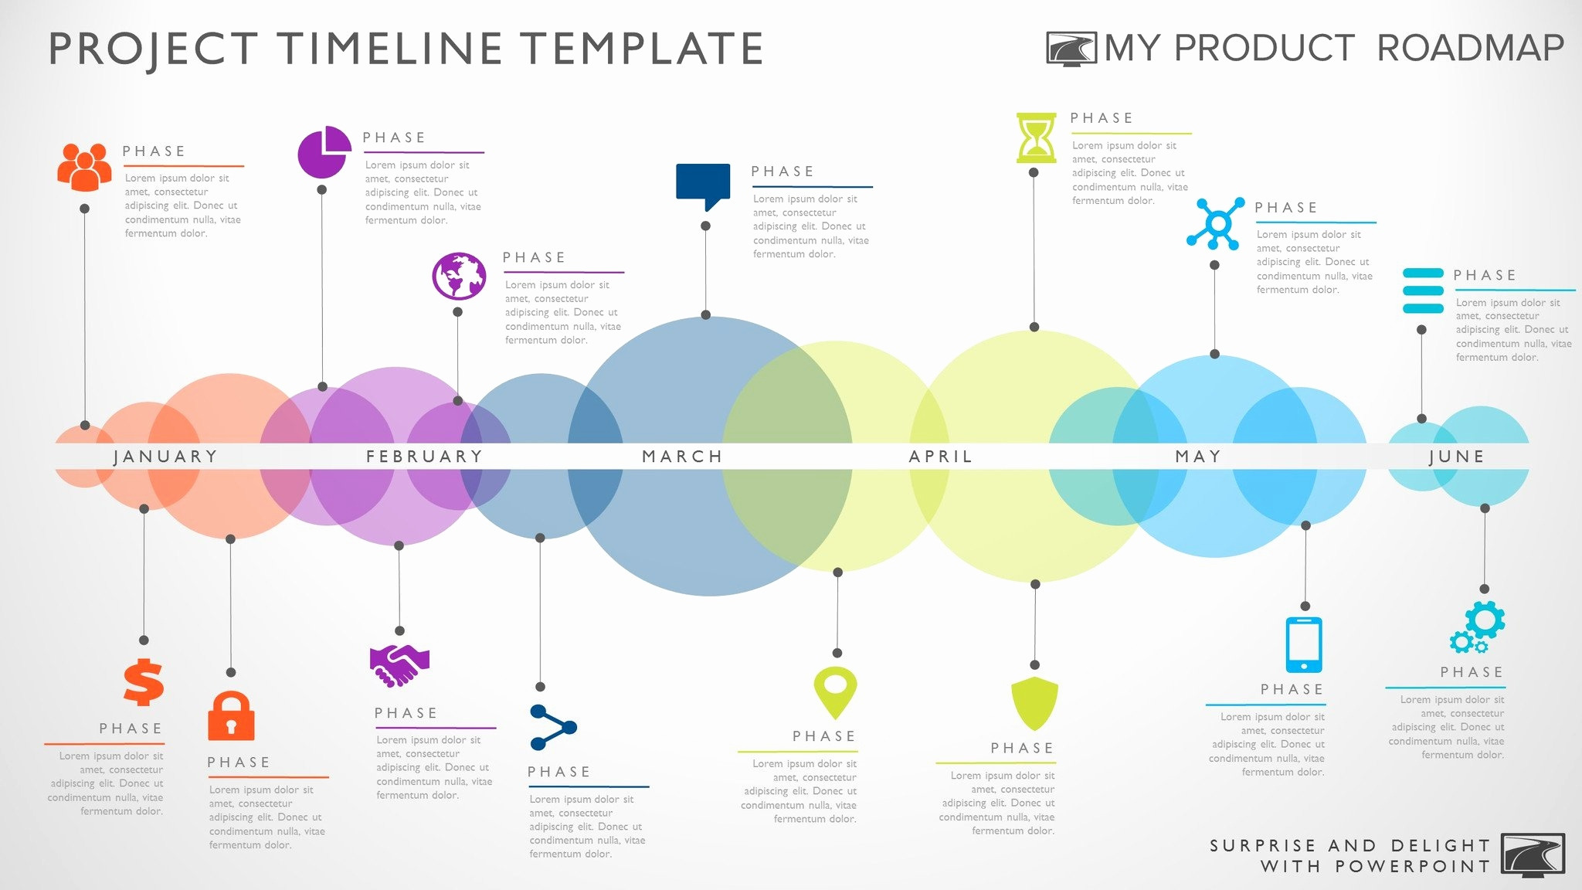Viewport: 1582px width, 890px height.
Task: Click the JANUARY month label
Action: coord(165,457)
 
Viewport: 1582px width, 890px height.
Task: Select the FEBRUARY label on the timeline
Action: coord(425,457)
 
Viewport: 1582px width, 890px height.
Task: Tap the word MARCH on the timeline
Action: coord(683,457)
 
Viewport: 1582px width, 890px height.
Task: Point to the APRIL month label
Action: coord(941,457)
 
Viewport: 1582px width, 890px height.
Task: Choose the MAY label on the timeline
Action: coord(1198,457)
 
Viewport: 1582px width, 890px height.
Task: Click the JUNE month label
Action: coord(1457,457)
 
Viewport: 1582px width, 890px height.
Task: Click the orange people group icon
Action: coord(84,167)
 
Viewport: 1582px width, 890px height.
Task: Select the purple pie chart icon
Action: coord(324,151)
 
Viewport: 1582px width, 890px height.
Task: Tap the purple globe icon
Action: coord(459,276)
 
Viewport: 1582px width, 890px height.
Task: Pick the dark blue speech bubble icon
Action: coord(703,186)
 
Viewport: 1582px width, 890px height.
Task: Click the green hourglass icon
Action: coord(1036,138)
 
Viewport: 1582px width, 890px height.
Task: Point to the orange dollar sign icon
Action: coord(144,682)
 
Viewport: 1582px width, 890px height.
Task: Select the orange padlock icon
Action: coord(231,715)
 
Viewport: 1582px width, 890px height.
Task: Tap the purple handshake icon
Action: coord(399,665)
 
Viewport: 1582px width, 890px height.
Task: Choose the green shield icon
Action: coord(1035,704)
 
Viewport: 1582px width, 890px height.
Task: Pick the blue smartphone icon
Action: coord(1304,645)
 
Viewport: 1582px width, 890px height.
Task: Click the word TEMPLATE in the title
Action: coord(642,49)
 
